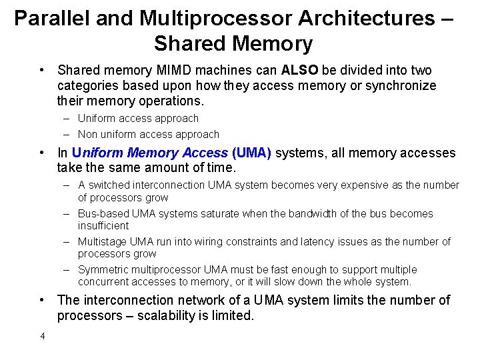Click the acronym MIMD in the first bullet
pos(184,70)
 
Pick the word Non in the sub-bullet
pos(88,134)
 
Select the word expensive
pos(351,185)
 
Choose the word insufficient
pos(103,225)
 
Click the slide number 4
pos(43,336)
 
